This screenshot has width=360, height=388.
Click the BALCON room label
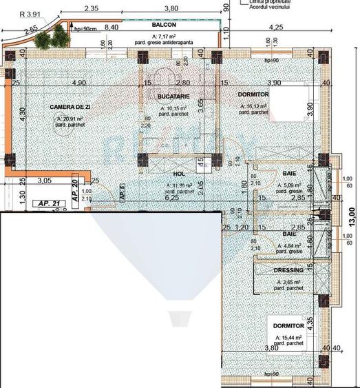(x=165, y=24)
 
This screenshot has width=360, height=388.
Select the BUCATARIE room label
(x=173, y=96)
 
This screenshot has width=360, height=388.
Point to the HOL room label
(x=180, y=175)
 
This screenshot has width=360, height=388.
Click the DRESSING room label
(x=288, y=271)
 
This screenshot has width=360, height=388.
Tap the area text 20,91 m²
(x=72, y=119)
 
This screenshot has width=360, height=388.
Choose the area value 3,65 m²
(x=289, y=283)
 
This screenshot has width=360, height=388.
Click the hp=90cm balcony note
(x=85, y=30)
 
